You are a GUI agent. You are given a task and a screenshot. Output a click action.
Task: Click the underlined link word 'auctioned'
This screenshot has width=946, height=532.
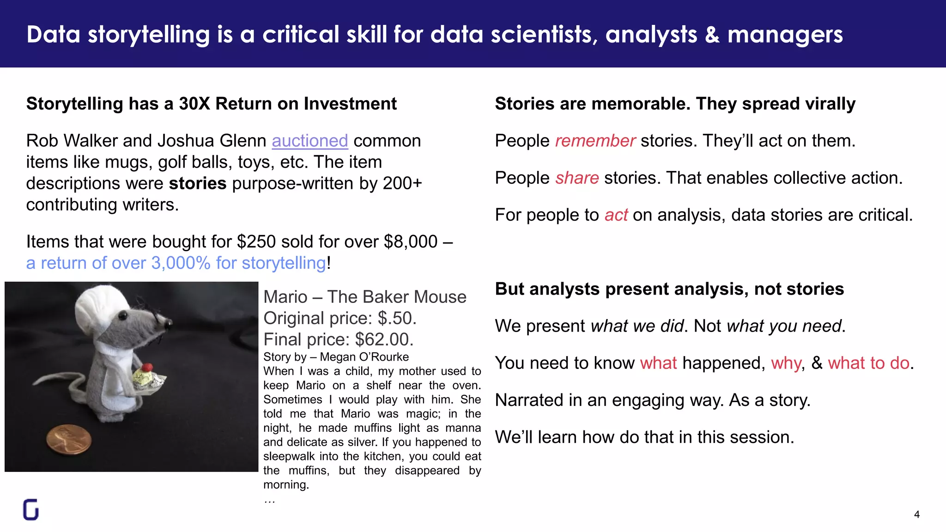tap(309, 141)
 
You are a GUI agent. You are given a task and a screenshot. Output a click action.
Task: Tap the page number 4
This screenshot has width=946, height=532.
tap(916, 514)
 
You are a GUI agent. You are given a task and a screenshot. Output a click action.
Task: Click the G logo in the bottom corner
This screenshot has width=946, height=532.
tap(30, 509)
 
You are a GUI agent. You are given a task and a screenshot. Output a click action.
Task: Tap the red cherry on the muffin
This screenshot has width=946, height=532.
tap(147, 368)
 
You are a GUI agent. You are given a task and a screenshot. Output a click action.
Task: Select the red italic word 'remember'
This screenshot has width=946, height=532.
tap(595, 141)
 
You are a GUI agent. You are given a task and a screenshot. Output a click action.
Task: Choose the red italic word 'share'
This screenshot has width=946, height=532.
tap(577, 178)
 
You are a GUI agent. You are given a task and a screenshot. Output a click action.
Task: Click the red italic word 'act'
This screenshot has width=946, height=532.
tap(616, 215)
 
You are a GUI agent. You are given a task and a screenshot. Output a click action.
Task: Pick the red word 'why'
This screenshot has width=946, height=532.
tap(785, 363)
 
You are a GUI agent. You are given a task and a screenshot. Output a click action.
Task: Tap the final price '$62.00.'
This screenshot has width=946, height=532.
tap(384, 339)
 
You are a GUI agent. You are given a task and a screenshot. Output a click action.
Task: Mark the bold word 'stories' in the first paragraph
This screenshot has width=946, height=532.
tap(198, 183)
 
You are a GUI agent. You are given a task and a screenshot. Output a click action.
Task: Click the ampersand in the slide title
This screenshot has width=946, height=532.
tap(712, 35)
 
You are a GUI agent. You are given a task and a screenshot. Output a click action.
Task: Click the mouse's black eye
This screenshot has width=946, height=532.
tap(124, 315)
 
